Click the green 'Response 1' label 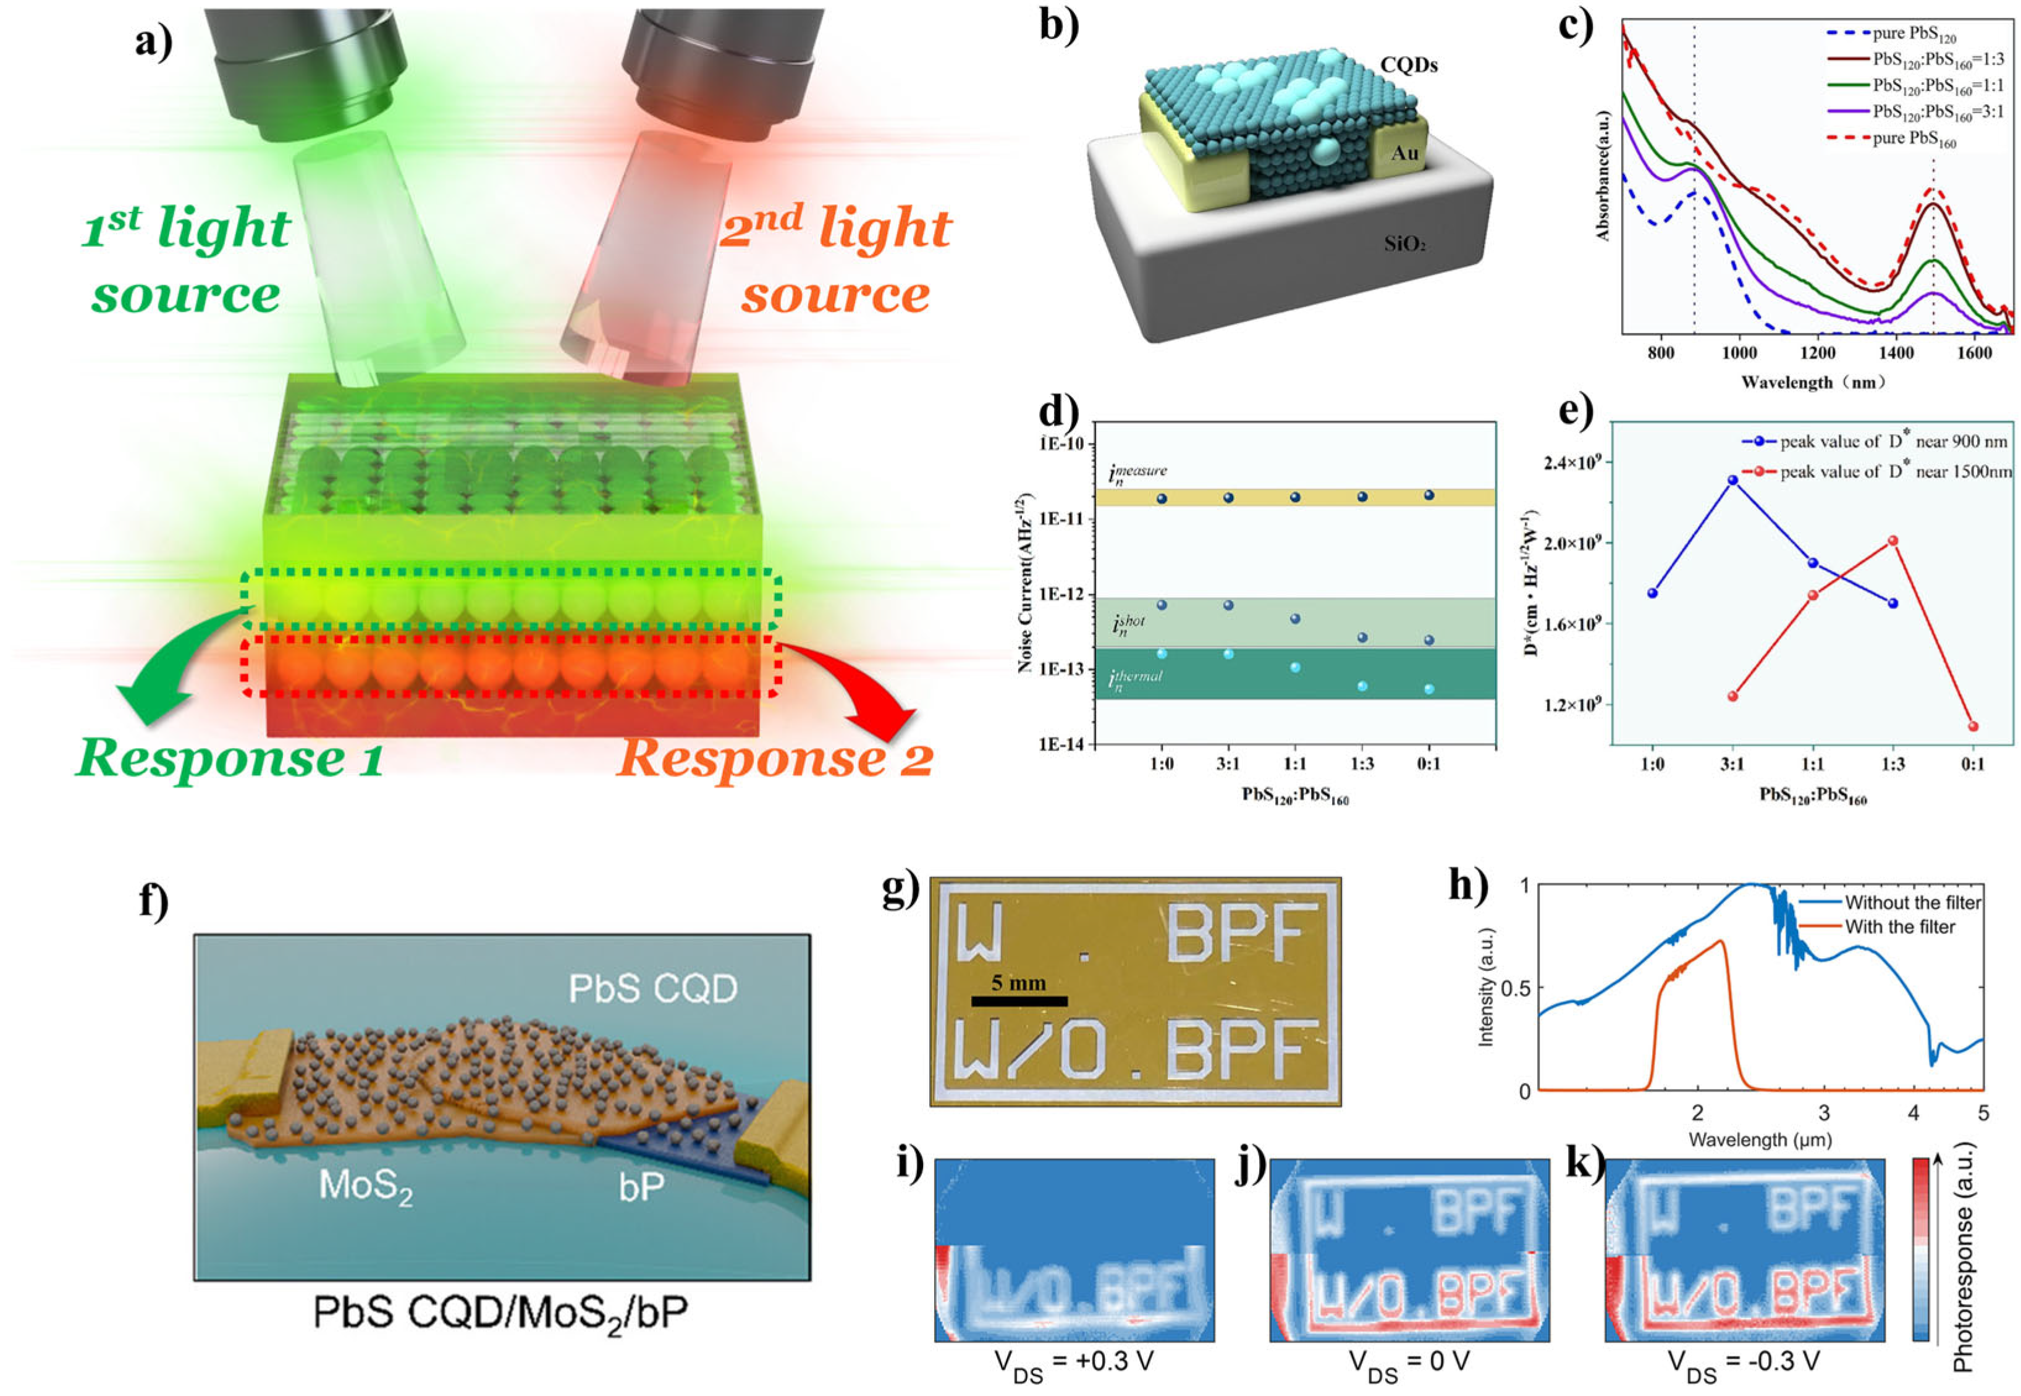229,757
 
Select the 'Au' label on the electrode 1404,153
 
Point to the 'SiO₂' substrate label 1405,244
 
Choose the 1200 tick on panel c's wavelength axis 1817,353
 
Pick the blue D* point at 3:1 1732,480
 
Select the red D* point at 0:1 1973,726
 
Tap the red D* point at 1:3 1893,540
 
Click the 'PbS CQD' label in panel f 652,988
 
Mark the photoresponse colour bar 1920,1249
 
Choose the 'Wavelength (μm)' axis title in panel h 1760,1140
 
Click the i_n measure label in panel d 1137,473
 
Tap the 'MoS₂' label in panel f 366,1187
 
